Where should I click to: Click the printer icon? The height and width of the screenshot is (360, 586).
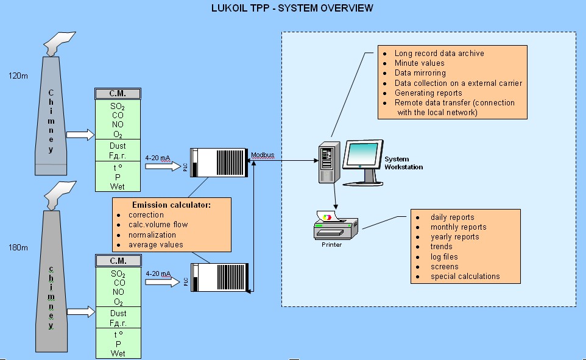pyautogui.click(x=333, y=226)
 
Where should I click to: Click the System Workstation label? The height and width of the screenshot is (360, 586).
pyautogui.click(x=403, y=163)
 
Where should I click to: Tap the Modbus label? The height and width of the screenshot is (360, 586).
pyautogui.click(x=263, y=156)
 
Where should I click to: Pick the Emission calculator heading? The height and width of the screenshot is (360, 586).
pyautogui.click(x=171, y=205)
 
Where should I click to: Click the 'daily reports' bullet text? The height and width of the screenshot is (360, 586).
pyautogui.click(x=452, y=217)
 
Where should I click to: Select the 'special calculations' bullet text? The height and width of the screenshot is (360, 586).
pyautogui.click(x=465, y=276)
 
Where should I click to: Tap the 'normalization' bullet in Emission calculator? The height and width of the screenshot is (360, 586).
pyautogui.click(x=152, y=235)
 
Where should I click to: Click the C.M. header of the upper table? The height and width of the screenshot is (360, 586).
pyautogui.click(x=118, y=94)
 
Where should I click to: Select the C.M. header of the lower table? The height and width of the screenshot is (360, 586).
pyautogui.click(x=118, y=261)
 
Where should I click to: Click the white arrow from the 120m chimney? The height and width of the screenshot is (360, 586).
pyautogui.click(x=78, y=134)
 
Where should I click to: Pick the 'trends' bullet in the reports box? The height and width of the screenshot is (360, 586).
pyautogui.click(x=441, y=247)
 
